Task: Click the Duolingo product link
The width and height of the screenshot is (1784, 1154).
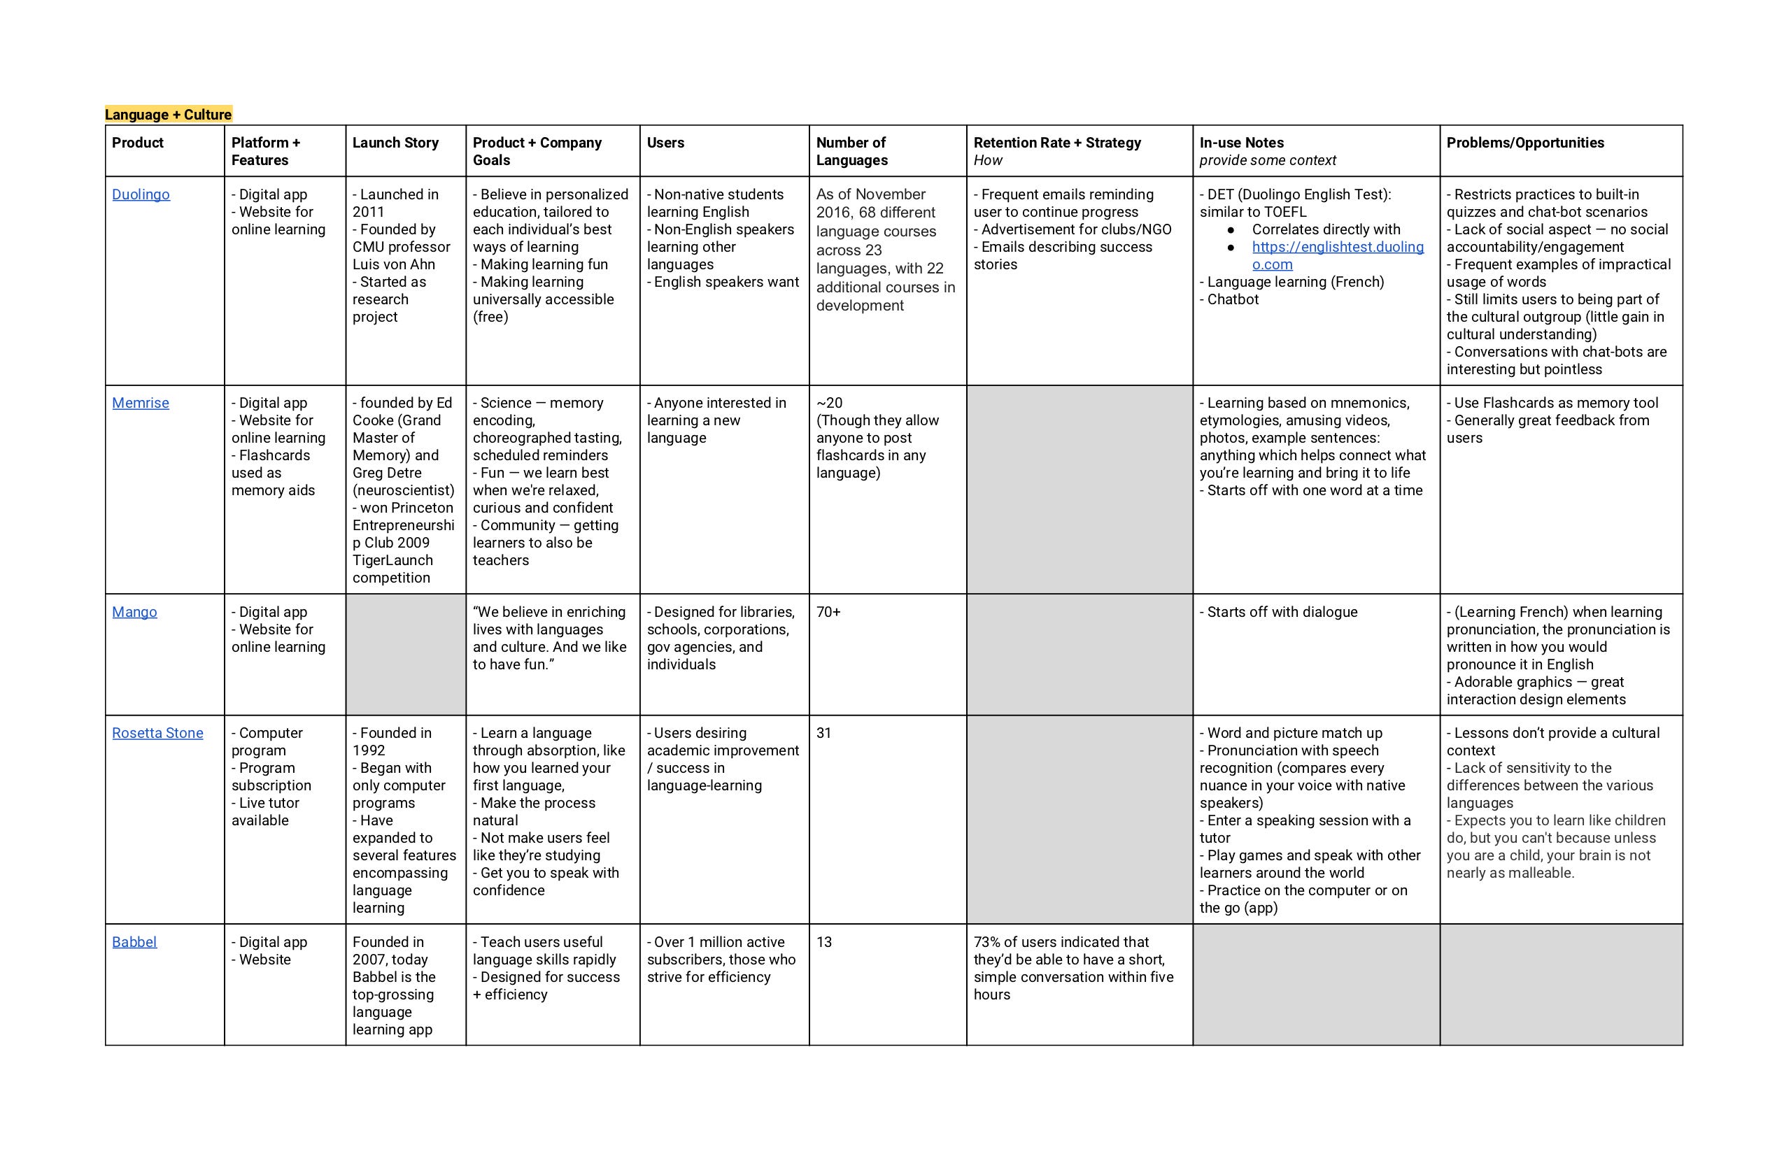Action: tap(141, 195)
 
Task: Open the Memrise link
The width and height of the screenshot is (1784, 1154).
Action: tap(140, 403)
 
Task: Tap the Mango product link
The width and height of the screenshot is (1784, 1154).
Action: tap(134, 612)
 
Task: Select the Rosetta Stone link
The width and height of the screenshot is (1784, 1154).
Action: tap(157, 733)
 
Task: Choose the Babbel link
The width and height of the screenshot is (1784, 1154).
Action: tap(134, 942)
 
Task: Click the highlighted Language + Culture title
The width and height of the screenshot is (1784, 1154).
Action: tap(168, 115)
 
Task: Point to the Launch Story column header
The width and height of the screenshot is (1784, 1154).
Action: tap(395, 143)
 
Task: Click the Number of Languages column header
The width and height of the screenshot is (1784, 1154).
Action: tap(851, 150)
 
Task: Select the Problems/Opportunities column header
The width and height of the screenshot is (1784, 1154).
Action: tap(1524, 143)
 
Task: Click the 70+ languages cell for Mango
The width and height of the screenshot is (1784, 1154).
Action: tap(828, 612)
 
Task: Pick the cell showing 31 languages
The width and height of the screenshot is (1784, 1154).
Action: tap(824, 733)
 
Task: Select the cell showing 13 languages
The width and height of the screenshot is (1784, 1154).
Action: tap(824, 942)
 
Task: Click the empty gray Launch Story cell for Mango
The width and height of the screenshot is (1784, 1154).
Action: tap(406, 654)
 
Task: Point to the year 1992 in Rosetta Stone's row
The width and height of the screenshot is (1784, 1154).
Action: tap(369, 751)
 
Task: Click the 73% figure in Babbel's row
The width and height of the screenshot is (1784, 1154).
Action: tap(987, 942)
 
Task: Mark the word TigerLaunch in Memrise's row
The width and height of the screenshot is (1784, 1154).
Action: tap(392, 560)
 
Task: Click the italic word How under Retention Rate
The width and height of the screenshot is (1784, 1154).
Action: tap(987, 160)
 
